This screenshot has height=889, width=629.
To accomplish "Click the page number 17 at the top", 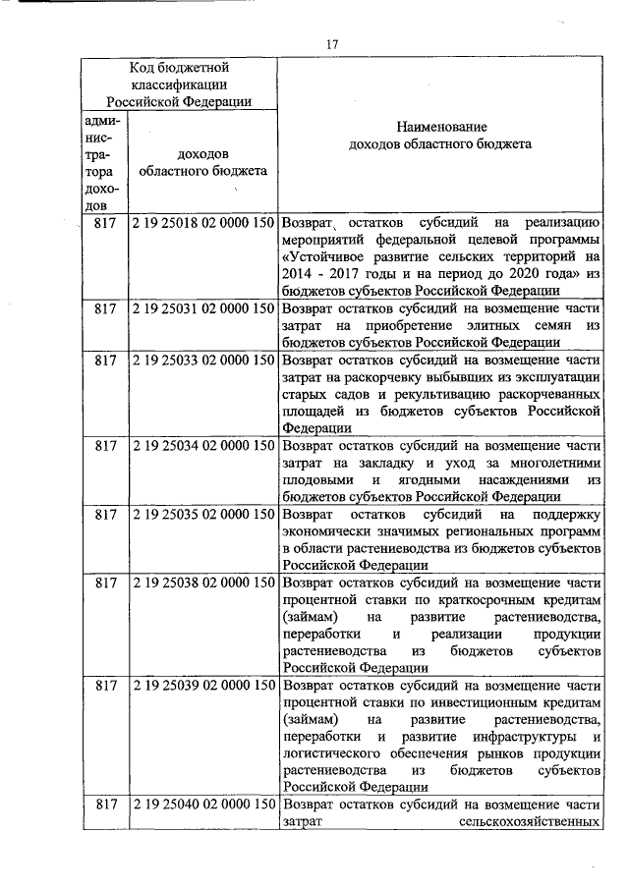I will tap(332, 43).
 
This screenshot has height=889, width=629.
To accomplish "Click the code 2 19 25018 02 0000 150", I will tap(201, 223).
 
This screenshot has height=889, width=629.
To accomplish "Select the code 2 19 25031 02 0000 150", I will tap(201, 308).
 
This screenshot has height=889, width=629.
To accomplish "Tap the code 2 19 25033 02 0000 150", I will tap(201, 361).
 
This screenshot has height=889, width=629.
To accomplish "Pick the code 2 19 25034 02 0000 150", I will tap(201, 446).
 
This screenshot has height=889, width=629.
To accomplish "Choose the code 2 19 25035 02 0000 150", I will tap(201, 514).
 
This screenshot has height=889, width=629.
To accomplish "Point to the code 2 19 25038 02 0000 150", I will tap(201, 583).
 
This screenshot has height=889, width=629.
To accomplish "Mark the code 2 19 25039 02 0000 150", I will tap(201, 686).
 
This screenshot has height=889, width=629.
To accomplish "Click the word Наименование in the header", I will tap(441, 127).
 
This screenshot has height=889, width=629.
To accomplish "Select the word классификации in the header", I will tap(179, 84).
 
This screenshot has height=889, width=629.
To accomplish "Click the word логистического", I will tap(332, 753).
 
